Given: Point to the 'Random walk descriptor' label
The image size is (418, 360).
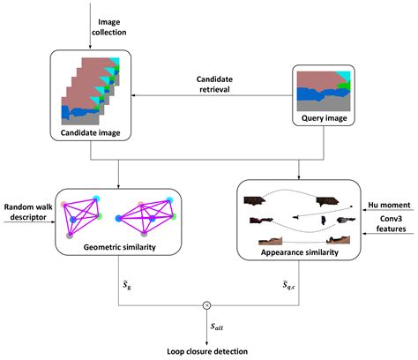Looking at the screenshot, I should (27, 213).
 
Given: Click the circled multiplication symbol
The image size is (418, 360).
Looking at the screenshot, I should (208, 304).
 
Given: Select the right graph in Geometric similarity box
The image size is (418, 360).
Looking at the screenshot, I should (155, 214).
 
